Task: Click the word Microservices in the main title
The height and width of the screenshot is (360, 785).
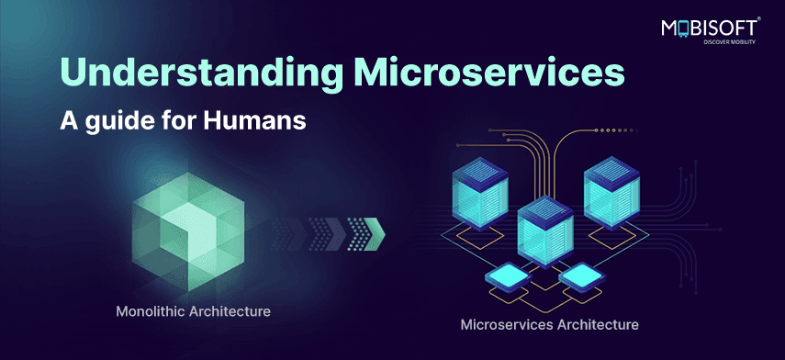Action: point(489,73)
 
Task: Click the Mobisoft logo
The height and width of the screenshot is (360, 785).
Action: point(711,29)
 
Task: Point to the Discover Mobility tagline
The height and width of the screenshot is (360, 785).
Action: point(729,42)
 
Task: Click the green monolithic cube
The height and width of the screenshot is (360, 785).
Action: point(187,231)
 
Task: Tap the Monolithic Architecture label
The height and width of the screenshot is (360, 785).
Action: point(193,311)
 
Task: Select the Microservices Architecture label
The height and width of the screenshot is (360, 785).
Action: point(549,324)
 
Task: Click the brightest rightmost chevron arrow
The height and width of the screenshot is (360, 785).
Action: point(367,233)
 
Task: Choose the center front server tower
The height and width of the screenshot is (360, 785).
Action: point(545,231)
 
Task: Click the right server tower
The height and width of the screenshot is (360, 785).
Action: point(611,193)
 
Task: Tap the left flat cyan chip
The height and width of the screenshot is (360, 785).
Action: point(508,276)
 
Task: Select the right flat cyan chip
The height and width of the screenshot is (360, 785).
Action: point(581,276)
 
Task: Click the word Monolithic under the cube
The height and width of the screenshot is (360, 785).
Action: point(151,311)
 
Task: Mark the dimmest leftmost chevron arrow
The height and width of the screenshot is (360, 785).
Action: point(287,233)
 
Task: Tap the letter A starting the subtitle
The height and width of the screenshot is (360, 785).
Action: point(69,120)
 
